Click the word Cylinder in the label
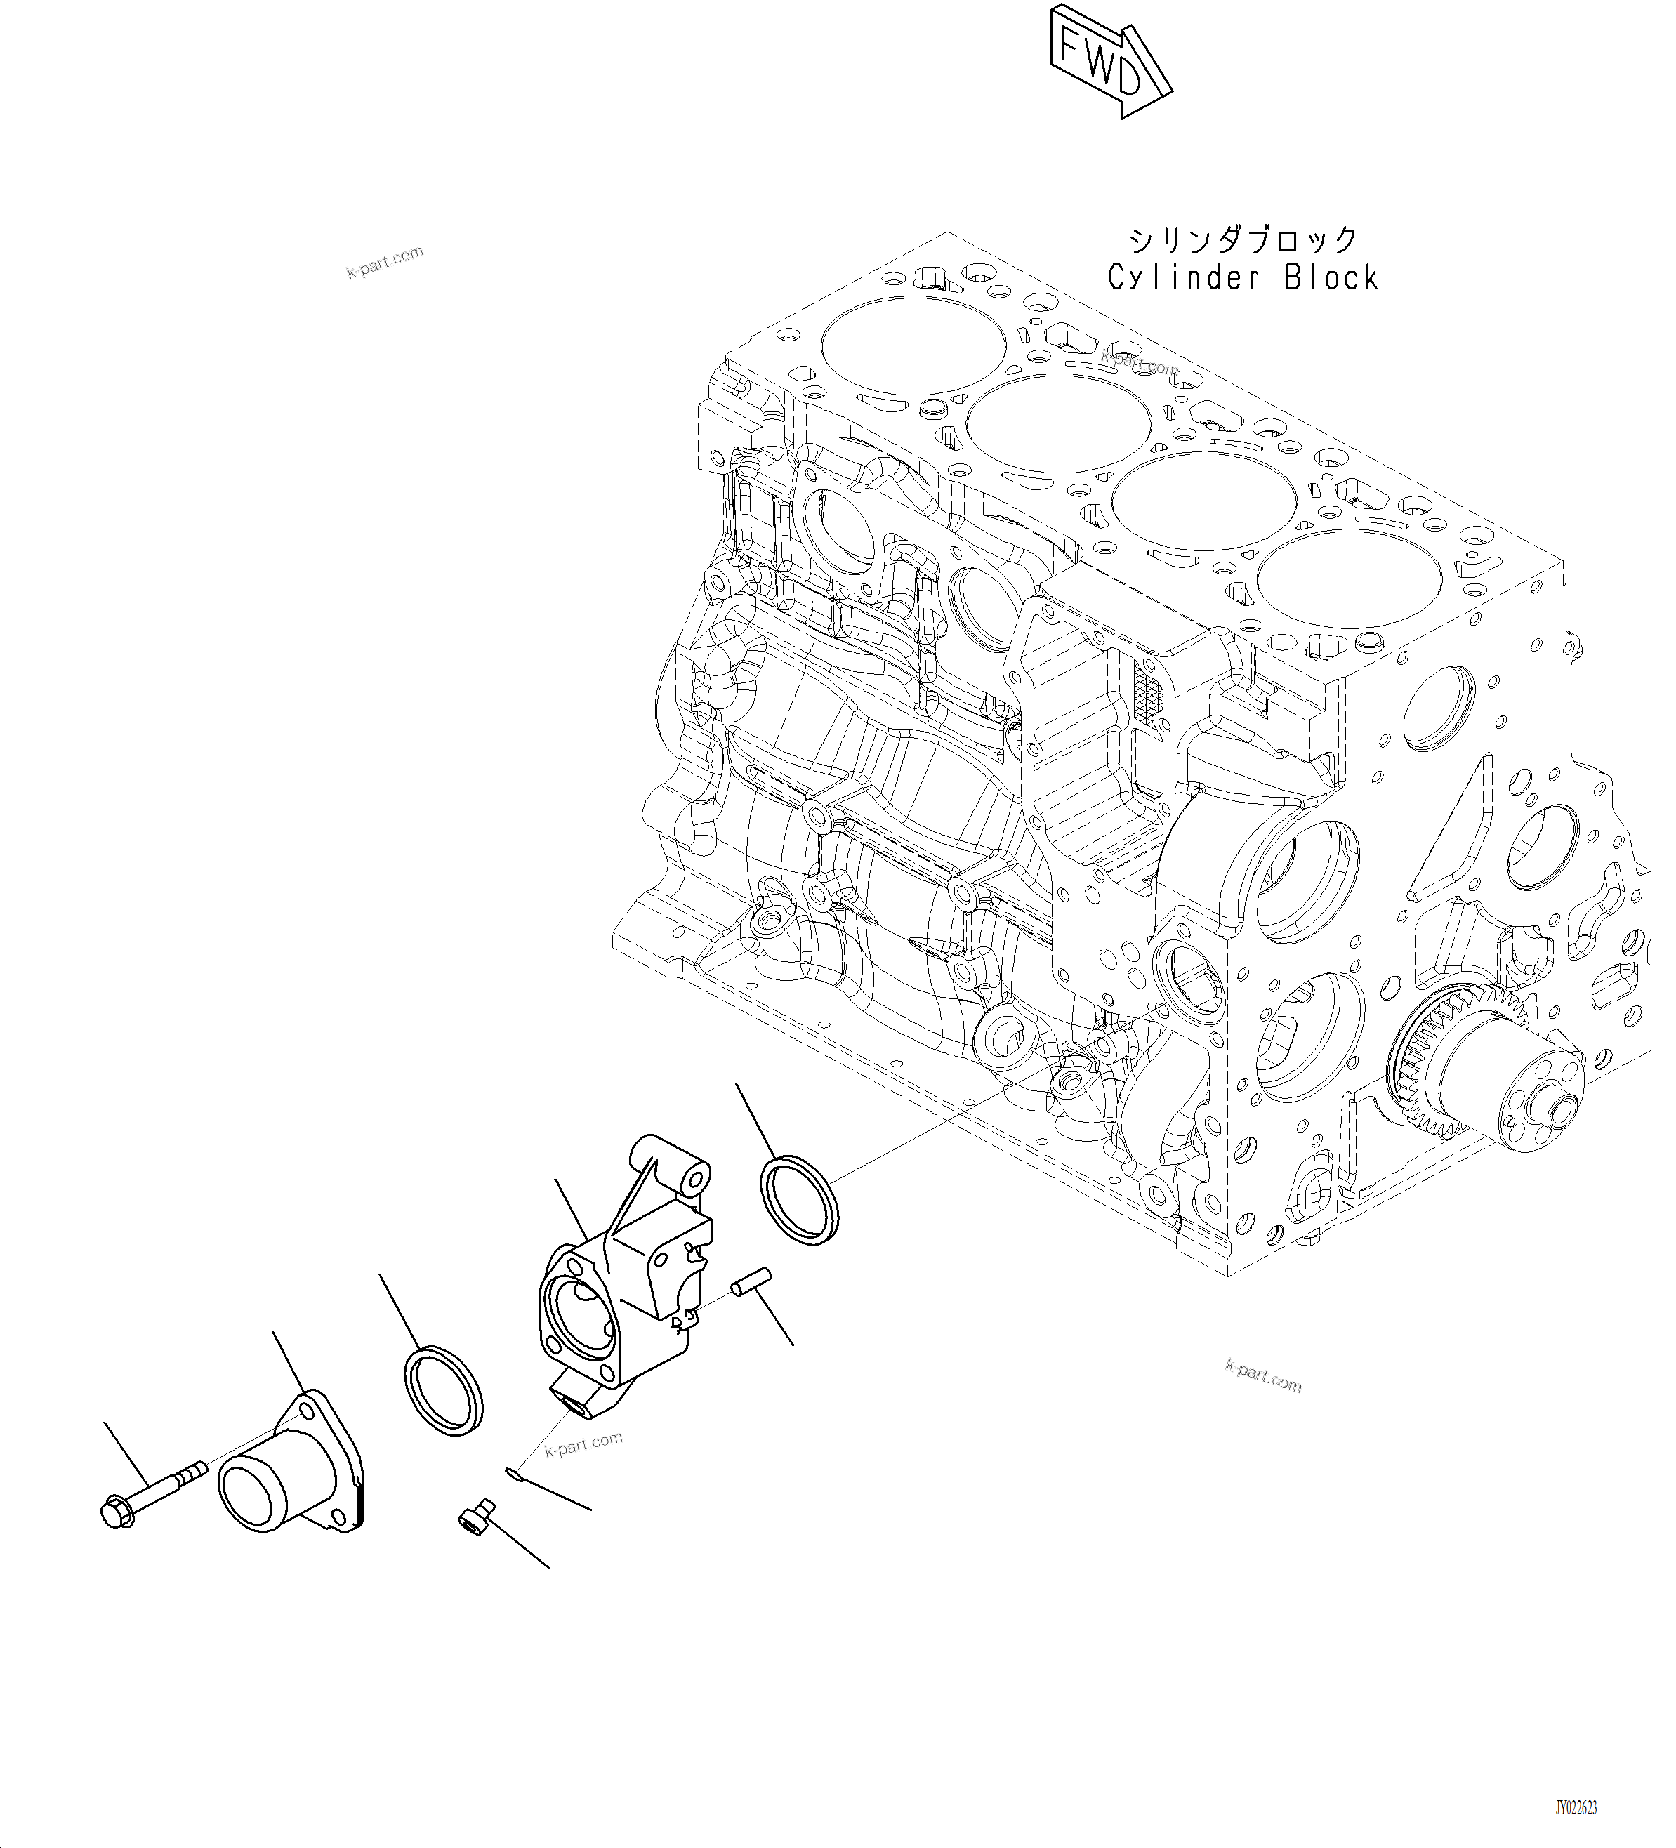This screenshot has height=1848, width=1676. [x=1185, y=277]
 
